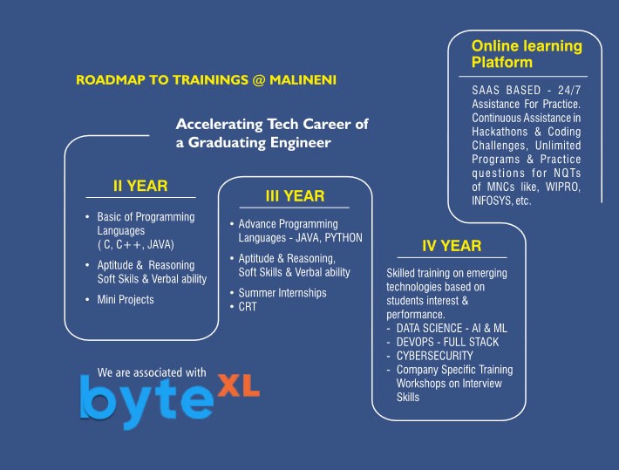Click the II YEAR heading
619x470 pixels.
tap(140, 186)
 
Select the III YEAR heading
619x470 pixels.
tap(295, 196)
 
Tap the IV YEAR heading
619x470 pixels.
tap(452, 246)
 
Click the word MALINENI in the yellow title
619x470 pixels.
tap(303, 79)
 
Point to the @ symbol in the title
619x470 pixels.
tap(258, 80)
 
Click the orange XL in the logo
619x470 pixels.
tap(238, 385)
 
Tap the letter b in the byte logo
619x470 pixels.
tap(98, 397)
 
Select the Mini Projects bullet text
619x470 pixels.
tap(126, 300)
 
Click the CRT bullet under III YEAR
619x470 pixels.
tap(248, 306)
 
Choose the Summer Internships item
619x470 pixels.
tap(282, 293)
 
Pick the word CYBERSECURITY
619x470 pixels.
tap(435, 356)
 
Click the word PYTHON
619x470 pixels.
tap(344, 238)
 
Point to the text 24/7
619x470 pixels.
tap(569, 91)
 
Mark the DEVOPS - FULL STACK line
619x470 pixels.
tap(447, 342)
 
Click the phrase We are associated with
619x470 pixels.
tap(152, 372)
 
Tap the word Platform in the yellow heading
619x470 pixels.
tap(502, 63)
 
